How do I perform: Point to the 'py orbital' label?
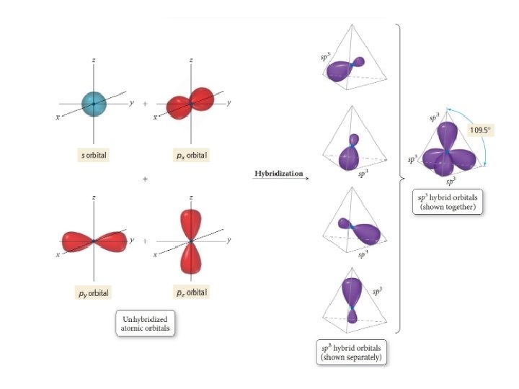point(94,292)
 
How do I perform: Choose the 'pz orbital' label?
point(191,292)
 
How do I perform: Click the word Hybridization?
point(278,174)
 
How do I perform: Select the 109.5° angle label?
point(479,130)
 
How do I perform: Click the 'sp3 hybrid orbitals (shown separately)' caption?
point(353,352)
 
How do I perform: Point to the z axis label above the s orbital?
point(93,60)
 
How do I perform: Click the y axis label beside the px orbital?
point(229,104)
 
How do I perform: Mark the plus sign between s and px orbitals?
point(145,104)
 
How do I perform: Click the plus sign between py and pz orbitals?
point(145,241)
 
